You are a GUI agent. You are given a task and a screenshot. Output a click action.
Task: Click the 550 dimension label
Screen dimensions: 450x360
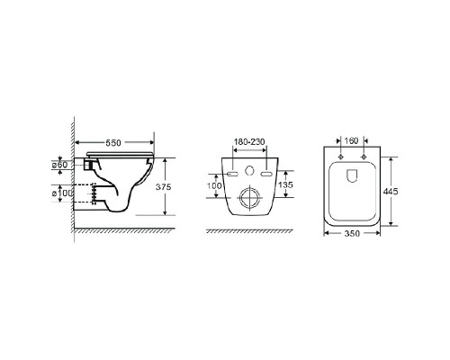113,143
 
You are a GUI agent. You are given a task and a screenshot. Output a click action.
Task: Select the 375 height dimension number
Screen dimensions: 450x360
163,187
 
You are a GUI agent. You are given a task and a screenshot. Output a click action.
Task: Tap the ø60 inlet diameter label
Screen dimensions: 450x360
59,165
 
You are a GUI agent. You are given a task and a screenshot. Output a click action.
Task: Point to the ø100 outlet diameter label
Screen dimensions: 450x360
62,193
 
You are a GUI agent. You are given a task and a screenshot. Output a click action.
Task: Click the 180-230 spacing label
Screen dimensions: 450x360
249,141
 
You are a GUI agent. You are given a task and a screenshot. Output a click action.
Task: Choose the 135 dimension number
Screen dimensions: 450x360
285,184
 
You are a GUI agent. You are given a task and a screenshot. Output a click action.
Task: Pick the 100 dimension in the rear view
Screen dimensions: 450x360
214,185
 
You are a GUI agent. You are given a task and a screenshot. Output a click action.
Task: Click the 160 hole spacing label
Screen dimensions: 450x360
351,140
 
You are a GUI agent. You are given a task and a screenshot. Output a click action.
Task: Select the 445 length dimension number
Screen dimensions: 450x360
391,191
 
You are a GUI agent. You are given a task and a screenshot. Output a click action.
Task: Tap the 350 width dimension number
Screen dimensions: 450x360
352,233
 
